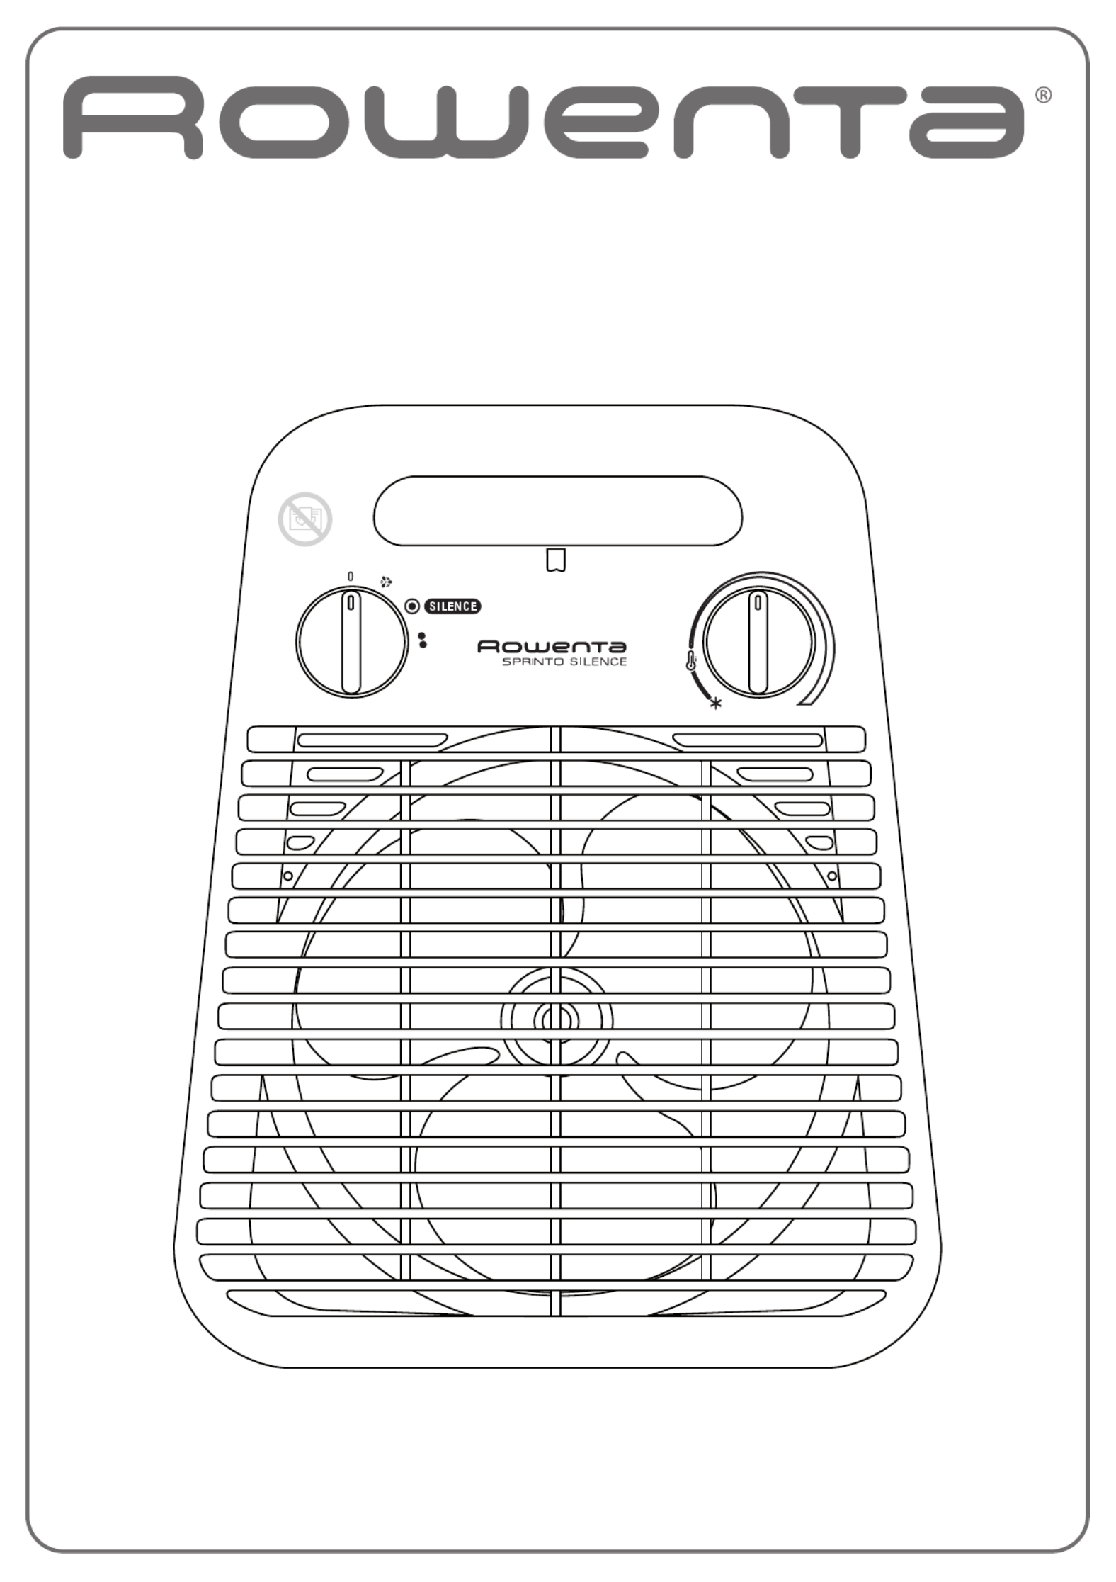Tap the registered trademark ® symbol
click(1044, 95)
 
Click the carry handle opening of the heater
click(558, 511)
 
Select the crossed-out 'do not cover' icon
click(305, 519)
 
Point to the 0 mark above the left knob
click(351, 577)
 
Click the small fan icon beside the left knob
click(386, 583)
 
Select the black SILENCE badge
click(452, 606)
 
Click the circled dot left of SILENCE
click(413, 606)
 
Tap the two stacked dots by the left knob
click(423, 640)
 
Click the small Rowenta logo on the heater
click(552, 647)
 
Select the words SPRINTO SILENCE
click(564, 662)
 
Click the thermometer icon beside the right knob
click(691, 662)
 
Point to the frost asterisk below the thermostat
click(716, 704)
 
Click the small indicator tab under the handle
click(557, 560)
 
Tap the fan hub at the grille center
click(557, 1019)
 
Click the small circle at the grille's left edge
click(288, 876)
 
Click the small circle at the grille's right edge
click(832, 876)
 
